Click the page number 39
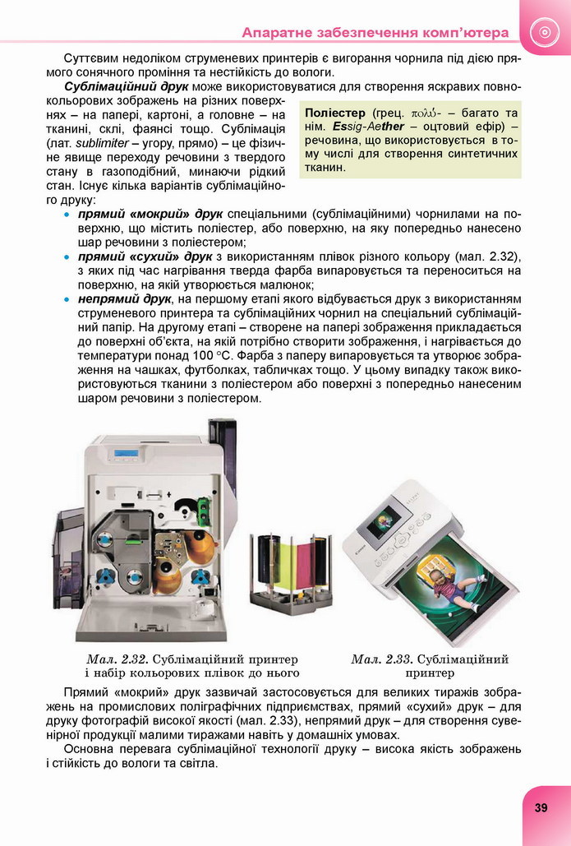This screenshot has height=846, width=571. [x=541, y=807]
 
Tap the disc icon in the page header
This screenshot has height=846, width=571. [x=543, y=32]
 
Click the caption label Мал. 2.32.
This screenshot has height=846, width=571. [x=116, y=659]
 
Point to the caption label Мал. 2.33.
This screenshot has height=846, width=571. [x=381, y=659]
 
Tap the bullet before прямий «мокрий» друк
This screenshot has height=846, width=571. [x=67, y=214]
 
